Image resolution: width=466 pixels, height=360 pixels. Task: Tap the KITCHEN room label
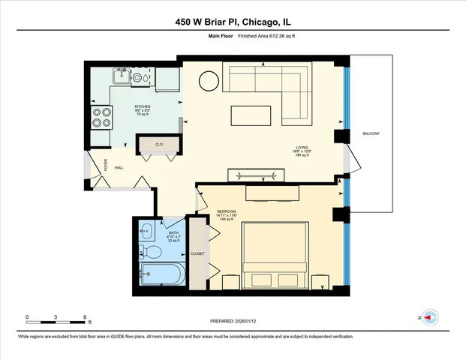point(143,106)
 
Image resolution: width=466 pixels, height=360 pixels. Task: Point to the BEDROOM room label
point(227,212)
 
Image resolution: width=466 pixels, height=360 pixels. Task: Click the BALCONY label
point(371,133)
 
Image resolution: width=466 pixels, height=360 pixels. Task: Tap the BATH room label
point(173,223)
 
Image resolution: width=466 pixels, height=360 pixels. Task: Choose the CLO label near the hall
point(159,143)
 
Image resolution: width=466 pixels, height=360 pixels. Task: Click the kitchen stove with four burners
point(101,118)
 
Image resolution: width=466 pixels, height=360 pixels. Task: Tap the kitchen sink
point(121,76)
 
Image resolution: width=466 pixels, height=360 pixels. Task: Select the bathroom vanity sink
point(146,231)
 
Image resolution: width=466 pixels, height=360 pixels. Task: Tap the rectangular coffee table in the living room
point(251,115)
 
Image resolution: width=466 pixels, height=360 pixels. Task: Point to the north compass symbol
point(430,318)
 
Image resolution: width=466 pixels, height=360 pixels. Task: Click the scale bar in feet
point(58,319)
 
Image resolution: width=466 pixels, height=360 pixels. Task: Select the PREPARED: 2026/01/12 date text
point(233,320)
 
